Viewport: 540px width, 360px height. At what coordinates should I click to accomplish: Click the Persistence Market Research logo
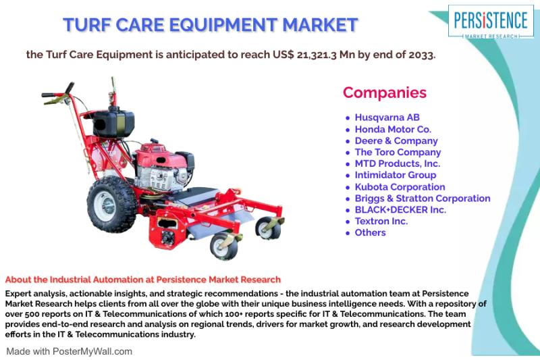click(491, 22)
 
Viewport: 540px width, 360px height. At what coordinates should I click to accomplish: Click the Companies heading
click(385, 93)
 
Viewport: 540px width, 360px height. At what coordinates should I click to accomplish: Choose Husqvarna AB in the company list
click(387, 118)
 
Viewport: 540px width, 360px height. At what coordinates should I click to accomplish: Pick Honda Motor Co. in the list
click(393, 129)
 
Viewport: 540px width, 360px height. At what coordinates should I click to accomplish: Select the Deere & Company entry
click(396, 141)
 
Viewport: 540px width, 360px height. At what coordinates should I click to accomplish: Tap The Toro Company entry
click(398, 152)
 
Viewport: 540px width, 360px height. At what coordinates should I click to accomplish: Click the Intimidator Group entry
click(396, 175)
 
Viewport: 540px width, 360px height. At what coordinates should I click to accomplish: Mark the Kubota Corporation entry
click(400, 186)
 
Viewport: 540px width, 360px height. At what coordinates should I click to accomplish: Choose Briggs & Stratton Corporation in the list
click(423, 199)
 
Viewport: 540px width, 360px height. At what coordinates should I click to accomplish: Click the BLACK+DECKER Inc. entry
click(400, 210)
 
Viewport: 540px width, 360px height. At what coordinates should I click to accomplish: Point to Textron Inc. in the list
click(381, 221)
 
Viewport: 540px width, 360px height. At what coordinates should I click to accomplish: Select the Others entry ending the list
click(370, 232)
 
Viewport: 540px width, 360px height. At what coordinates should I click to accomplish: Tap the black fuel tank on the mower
click(113, 122)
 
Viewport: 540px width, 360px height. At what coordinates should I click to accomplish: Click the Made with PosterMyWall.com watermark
click(70, 351)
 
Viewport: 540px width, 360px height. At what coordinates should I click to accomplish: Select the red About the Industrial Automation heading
click(143, 280)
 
